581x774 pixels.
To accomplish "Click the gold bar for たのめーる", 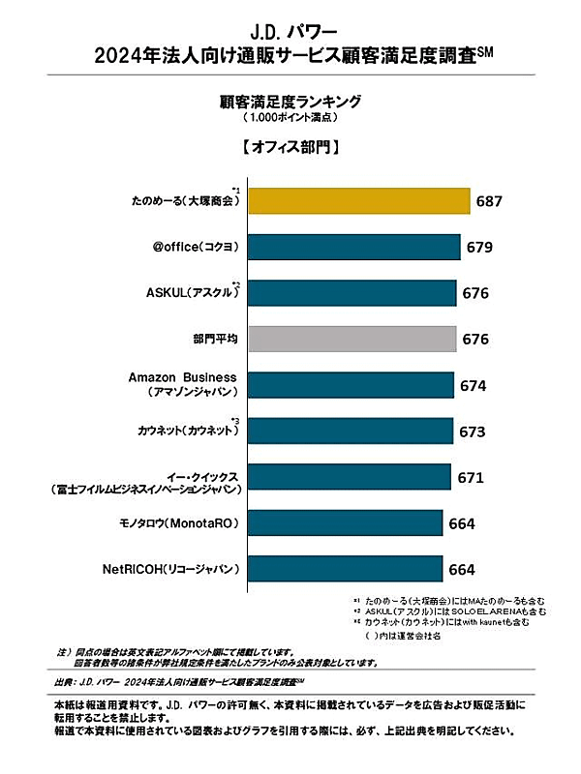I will (359, 200).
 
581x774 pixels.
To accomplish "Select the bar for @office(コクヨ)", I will (354, 247).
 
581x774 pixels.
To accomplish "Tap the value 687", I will (490, 201).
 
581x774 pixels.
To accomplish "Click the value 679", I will (480, 248).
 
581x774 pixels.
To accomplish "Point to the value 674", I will (474, 386).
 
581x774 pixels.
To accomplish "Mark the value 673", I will (473, 432).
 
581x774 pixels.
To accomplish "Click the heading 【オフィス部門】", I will (290, 149).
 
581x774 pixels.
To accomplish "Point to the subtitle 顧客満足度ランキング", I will (290, 100).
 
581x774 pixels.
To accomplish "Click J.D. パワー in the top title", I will (290, 30).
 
